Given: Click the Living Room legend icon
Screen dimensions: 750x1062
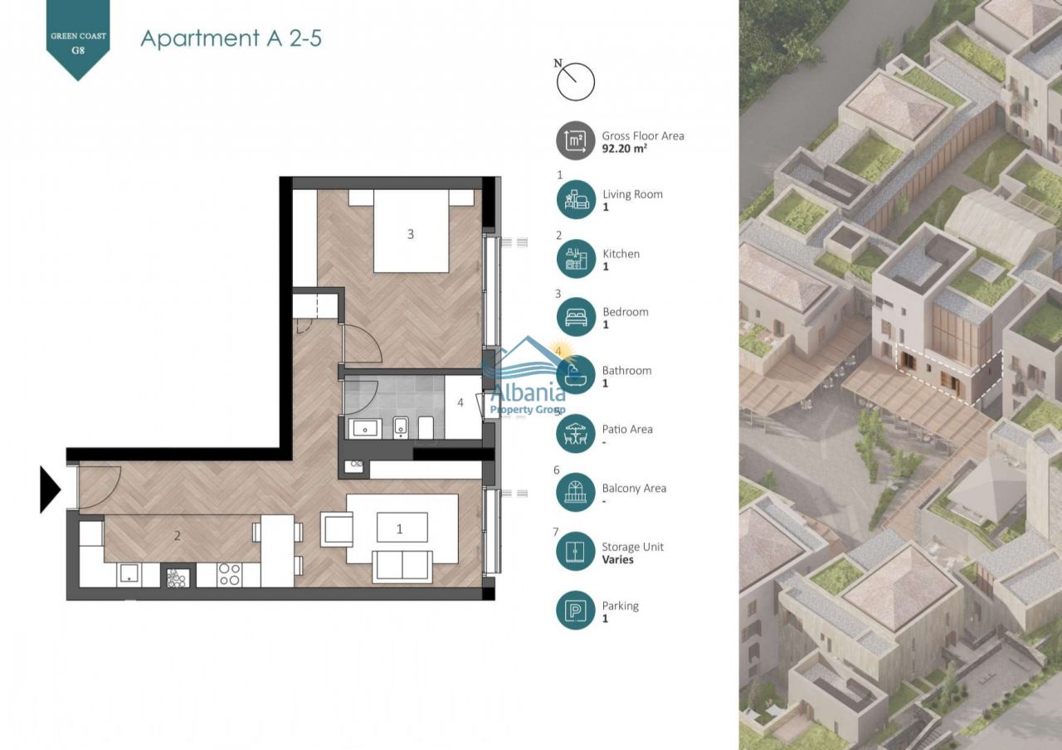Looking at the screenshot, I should (x=576, y=200).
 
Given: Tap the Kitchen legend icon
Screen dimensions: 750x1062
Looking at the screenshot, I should (x=576, y=259).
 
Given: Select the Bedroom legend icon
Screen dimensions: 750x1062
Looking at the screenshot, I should (x=576, y=317).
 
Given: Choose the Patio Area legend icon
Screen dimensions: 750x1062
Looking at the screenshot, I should (x=576, y=434).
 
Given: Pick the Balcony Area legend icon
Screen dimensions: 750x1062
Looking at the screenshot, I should (x=576, y=493).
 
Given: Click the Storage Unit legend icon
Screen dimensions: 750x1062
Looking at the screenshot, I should (x=576, y=552).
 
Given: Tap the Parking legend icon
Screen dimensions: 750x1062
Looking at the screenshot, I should (x=576, y=611).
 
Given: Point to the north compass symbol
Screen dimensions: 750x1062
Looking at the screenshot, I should (x=575, y=81).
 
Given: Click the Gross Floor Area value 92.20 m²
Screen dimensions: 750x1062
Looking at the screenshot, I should (x=624, y=150).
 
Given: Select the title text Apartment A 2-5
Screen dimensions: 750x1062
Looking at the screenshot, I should (x=231, y=38).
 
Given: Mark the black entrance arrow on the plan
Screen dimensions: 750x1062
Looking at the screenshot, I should (x=50, y=489).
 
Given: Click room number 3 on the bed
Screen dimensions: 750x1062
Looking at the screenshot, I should (x=410, y=235).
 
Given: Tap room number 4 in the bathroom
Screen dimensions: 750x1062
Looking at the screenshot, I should (x=460, y=404).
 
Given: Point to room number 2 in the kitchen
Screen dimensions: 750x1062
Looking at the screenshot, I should (x=178, y=536).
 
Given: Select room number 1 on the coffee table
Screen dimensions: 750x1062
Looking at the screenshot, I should (x=401, y=528).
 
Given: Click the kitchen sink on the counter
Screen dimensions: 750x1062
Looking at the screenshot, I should (x=129, y=575).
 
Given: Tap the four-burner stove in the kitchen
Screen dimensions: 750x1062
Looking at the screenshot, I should (x=229, y=575).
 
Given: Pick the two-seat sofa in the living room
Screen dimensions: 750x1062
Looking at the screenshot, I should (x=402, y=566).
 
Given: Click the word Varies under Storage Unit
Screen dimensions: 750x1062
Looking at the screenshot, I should (x=617, y=560).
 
